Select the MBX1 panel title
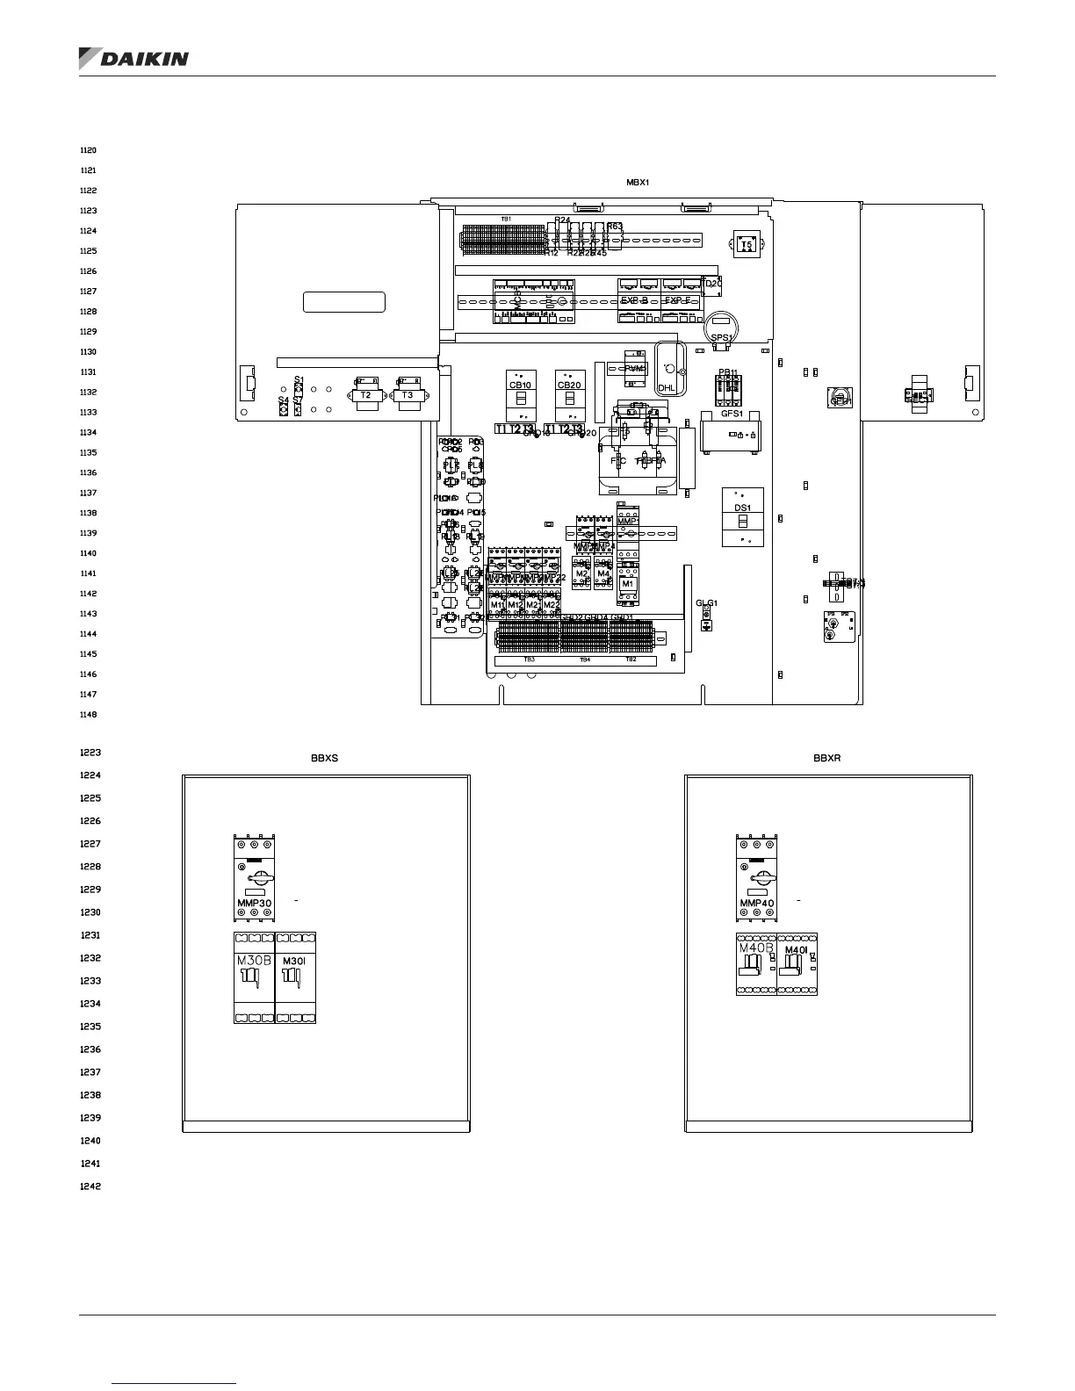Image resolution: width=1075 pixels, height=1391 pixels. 638,182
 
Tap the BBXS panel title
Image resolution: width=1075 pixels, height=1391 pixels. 324,758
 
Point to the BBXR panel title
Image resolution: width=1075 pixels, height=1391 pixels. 827,758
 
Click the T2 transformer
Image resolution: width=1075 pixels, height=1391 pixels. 367,394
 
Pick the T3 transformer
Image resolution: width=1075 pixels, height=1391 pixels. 408,394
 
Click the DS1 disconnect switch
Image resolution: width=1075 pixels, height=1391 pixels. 743,516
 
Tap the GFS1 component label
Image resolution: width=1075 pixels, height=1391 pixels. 732,414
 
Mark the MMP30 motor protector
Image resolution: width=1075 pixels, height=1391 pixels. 255,878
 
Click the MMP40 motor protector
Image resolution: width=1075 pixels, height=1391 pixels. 757,878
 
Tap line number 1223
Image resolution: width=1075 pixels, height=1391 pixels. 90,753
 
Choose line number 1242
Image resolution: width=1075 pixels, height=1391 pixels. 90,1186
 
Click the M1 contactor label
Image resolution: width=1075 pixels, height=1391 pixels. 627,584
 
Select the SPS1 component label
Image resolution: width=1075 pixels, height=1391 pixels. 721,337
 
